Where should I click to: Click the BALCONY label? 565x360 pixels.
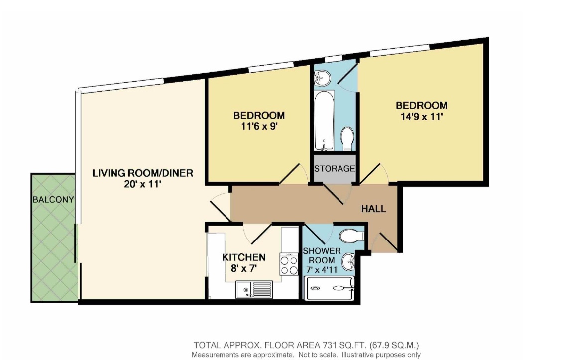[53, 199]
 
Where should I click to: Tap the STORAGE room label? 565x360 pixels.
[335, 168]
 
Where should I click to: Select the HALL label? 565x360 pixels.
[374, 209]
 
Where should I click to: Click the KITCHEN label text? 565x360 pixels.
[244, 257]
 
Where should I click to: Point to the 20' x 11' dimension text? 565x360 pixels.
[143, 184]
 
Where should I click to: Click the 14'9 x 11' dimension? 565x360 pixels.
[422, 117]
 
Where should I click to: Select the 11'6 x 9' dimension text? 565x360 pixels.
[259, 126]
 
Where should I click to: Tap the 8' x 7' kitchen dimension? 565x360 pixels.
[244, 268]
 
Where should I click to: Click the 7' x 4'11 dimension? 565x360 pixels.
[322, 269]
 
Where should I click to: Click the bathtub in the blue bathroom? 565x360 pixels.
[324, 120]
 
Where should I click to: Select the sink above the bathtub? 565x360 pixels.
[322, 78]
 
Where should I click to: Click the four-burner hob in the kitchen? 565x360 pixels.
[289, 264]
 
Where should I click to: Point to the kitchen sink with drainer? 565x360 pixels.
[254, 290]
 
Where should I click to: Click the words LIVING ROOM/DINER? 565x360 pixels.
[143, 173]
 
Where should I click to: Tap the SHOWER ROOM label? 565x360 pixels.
[322, 255]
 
